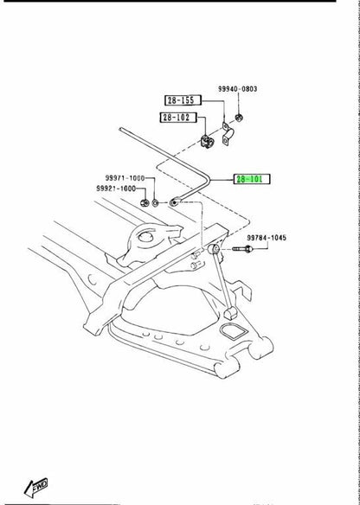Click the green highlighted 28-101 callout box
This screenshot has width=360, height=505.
252,179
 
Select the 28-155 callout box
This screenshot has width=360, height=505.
183,100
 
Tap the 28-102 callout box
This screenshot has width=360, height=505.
178,118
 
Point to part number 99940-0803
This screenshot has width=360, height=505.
237,89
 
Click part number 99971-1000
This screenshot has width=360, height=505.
125,178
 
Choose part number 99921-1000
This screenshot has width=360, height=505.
116,189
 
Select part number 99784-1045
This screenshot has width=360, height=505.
267,238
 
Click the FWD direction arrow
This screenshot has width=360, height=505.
36,487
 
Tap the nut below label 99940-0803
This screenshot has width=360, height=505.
239,118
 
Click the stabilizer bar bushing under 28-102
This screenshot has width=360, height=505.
207,142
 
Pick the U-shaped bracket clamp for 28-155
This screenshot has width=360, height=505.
228,134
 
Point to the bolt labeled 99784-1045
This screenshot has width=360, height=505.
242,249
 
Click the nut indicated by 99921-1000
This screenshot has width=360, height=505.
145,203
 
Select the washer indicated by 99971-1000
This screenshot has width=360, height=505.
156,203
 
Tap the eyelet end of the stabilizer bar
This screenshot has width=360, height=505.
174,203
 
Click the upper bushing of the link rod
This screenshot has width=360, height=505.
214,249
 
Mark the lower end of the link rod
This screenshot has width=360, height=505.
230,313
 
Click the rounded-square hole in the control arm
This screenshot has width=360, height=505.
233,331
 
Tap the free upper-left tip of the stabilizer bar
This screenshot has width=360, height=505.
121,130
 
